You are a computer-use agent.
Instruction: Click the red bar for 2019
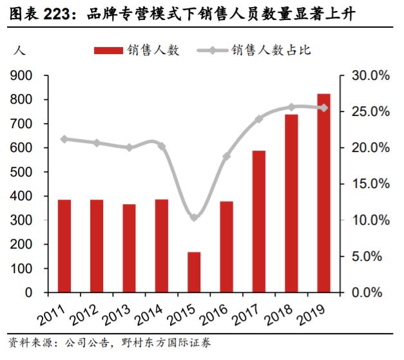coord(323,193)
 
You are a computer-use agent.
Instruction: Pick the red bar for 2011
coord(64,246)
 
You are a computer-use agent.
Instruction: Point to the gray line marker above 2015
coord(194,218)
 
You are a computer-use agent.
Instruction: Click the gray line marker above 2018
coord(291,107)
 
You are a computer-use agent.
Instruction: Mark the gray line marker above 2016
coord(226,156)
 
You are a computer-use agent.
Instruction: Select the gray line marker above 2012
coord(97,143)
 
